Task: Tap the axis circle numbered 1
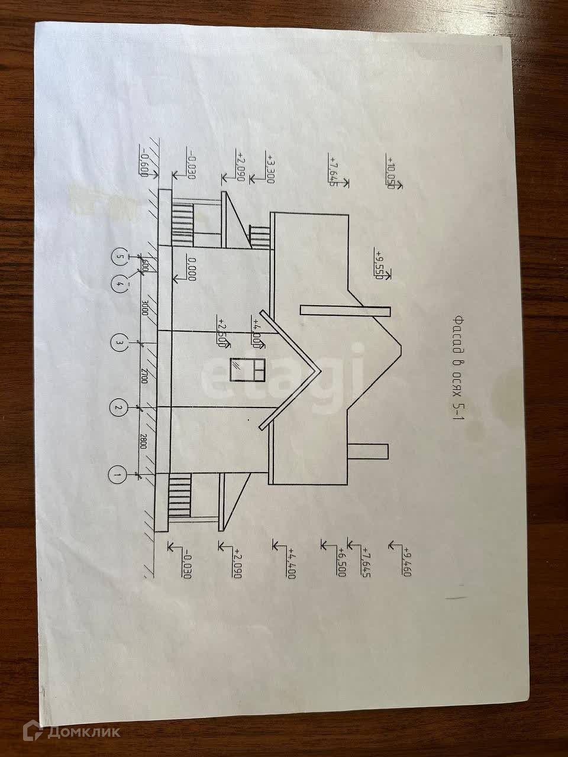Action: [118, 474]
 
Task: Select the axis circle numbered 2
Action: [118, 407]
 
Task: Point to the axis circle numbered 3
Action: [119, 342]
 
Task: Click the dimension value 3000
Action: [143, 310]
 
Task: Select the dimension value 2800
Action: [143, 441]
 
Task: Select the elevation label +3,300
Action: [270, 169]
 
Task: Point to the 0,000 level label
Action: [191, 268]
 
